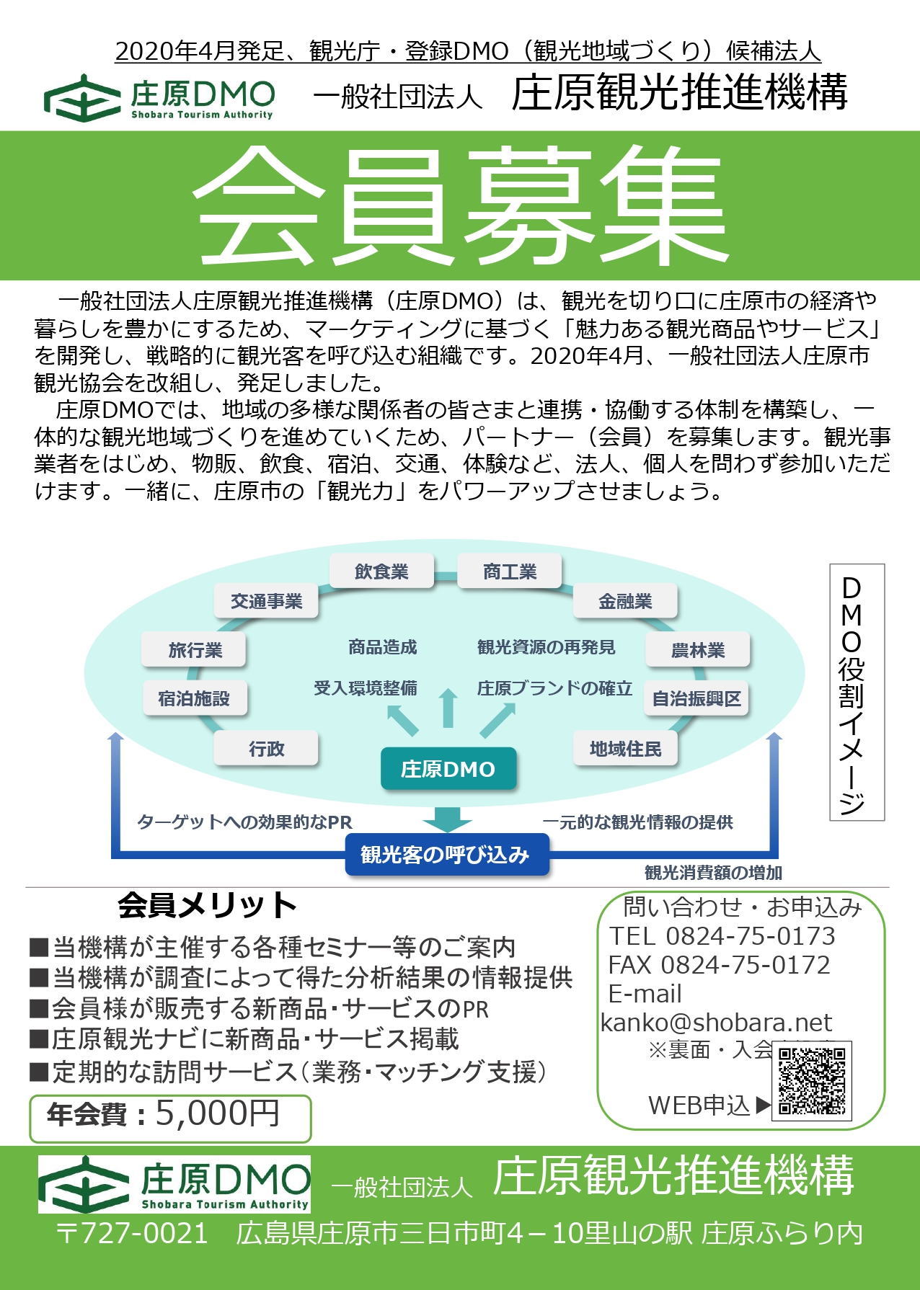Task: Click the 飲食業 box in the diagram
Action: [x=381, y=571]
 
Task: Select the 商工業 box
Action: [x=510, y=571]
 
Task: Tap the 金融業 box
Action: [x=625, y=601]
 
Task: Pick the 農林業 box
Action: [x=698, y=650]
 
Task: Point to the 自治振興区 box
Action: [x=696, y=698]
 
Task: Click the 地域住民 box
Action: [x=625, y=749]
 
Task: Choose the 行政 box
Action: [x=266, y=749]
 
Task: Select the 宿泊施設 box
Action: [x=195, y=698]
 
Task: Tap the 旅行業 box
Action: [x=195, y=650]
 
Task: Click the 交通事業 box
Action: [x=266, y=601]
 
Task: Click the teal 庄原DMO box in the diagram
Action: [x=448, y=769]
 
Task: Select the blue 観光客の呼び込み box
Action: [x=446, y=855]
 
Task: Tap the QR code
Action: [x=812, y=1081]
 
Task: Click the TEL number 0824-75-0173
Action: [x=751, y=936]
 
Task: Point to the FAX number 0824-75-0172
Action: [x=746, y=965]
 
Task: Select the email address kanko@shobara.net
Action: [x=716, y=1023]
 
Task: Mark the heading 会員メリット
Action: [x=208, y=906]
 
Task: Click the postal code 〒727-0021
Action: [x=133, y=1234]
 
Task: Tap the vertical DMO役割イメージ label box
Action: [x=857, y=693]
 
